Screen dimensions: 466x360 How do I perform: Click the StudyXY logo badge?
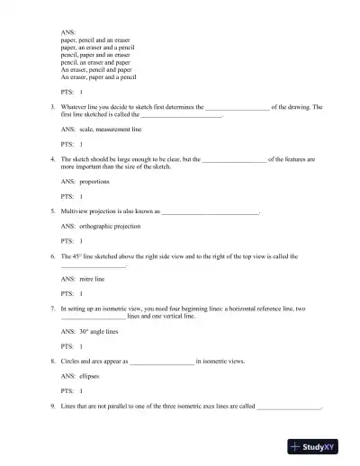pyautogui.click(x=321, y=446)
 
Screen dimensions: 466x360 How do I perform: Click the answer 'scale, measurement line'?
pyautogui.click(x=104, y=130)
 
